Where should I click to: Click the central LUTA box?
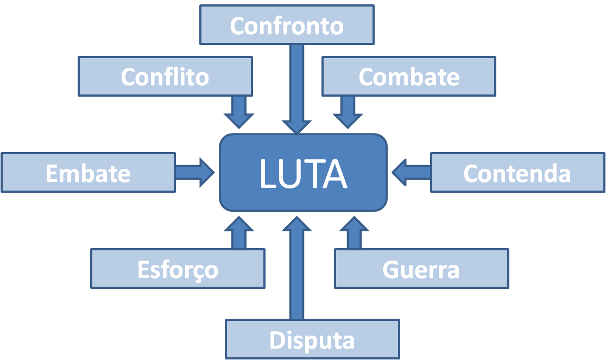303,173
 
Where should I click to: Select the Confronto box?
287,25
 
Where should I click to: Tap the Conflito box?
165,77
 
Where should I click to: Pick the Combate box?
408,77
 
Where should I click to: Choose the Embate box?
88,173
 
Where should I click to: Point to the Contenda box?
517,173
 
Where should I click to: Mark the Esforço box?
178,269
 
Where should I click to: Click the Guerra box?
421,269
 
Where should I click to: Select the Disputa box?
312,339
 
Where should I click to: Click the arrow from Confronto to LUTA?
296,87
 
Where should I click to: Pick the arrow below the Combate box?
348,111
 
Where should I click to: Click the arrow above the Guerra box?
354,233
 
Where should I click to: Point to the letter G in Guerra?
392,269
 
